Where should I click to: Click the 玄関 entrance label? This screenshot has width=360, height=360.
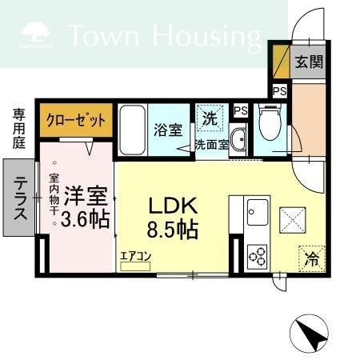tap(309, 62)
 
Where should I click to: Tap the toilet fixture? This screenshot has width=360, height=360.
tap(270, 122)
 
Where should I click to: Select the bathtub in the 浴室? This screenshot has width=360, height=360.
tap(133, 130)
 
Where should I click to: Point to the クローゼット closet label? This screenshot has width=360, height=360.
tap(76, 120)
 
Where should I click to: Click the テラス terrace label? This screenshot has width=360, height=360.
tap(20, 198)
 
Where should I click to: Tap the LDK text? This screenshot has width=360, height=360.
tap(173, 206)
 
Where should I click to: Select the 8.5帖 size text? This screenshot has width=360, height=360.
tap(173, 229)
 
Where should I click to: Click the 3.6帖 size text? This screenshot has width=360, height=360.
tap(86, 219)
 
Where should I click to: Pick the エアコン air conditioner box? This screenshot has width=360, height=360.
tap(135, 266)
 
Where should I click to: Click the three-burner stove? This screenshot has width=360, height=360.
tap(258, 257)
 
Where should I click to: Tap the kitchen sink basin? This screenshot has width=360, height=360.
tap(258, 212)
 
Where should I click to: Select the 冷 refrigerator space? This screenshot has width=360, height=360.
tap(312, 259)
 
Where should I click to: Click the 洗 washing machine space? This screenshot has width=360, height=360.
tap(210, 118)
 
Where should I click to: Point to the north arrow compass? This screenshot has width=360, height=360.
tap(309, 334)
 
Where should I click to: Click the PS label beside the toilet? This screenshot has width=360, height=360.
tap(241, 110)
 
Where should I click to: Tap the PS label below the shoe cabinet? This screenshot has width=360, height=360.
tap(280, 91)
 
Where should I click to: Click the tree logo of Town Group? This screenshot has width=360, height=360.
tap(35, 32)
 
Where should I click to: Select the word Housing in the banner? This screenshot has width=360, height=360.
tap(206, 36)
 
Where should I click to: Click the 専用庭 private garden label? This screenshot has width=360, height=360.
tap(19, 129)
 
